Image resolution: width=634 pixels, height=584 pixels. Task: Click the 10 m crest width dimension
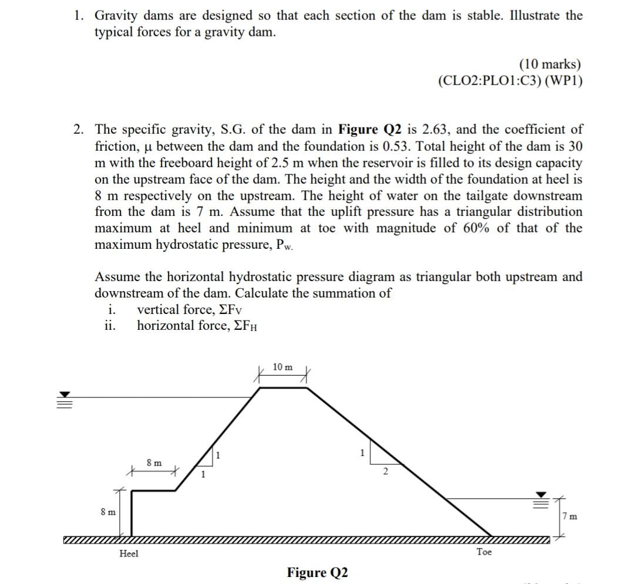tap(282, 367)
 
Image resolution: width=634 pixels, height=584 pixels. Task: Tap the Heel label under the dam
tap(129, 553)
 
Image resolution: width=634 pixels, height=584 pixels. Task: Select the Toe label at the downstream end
tap(484, 552)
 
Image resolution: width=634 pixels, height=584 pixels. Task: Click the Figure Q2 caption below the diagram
tap(317, 572)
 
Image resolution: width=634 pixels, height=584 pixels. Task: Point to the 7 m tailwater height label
tap(569, 517)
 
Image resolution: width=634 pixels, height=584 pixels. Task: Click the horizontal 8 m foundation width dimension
tap(154, 463)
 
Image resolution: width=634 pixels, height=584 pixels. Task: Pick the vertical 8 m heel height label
tap(108, 512)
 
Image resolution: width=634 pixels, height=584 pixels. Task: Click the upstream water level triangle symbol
tap(66, 394)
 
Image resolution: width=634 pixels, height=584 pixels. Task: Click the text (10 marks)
tap(550, 64)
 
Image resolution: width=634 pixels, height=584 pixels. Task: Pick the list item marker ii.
tap(110, 326)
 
